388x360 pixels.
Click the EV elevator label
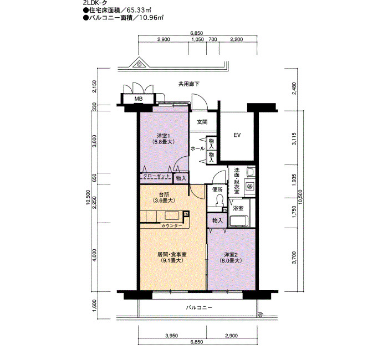click(237, 135)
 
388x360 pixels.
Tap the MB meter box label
click(139, 99)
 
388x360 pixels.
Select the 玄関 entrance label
click(202, 122)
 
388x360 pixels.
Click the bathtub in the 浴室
click(239, 221)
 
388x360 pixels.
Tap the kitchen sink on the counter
click(172, 216)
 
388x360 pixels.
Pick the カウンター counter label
click(171, 225)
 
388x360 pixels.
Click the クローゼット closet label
click(156, 176)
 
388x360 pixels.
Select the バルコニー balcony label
click(199, 308)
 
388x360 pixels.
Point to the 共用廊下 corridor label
click(189, 84)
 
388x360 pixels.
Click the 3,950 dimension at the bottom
click(171, 336)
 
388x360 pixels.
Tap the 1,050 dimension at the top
click(198, 39)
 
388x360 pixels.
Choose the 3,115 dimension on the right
click(294, 138)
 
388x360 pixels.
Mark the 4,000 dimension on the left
click(95, 255)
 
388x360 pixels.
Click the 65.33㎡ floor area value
click(139, 11)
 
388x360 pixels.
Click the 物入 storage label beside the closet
click(181, 178)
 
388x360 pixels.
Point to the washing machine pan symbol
click(249, 185)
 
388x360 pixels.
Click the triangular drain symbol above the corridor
click(139, 63)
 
